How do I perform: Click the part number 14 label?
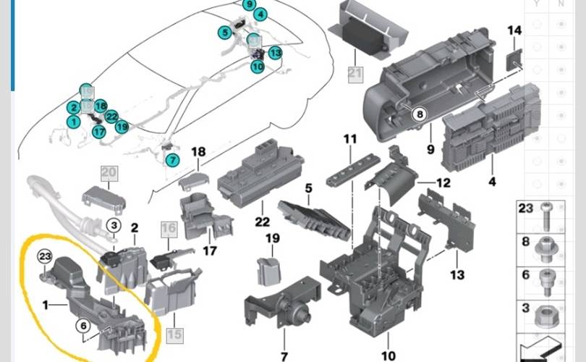pos(514,30)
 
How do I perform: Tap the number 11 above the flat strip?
pos(351,138)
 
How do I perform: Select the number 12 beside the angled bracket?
pos(443,182)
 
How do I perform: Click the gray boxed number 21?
pos(354,72)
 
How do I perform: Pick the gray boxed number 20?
pos(109,172)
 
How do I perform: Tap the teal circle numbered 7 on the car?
pos(171,160)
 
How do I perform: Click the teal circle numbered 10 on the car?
pos(258,66)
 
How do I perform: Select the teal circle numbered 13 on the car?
pos(275,53)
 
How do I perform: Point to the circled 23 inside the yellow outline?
pos(45,256)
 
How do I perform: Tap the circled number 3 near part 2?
pos(114,226)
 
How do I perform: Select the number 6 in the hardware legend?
pos(525,275)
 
